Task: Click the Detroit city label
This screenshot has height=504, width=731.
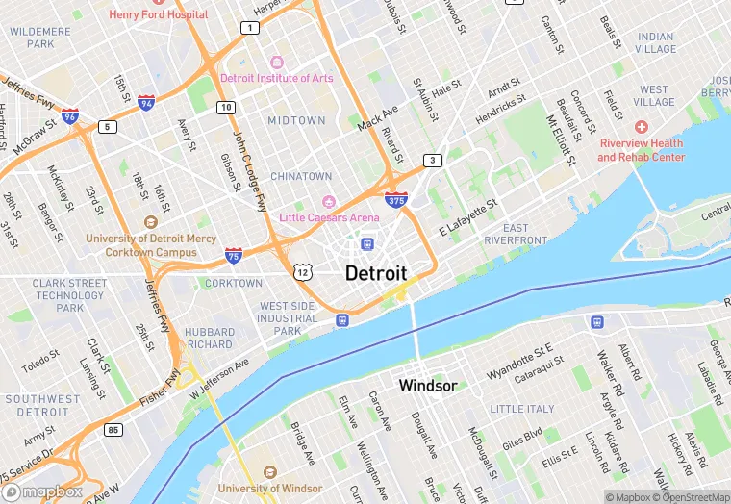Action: click(x=376, y=273)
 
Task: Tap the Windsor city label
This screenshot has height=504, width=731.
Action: click(x=428, y=386)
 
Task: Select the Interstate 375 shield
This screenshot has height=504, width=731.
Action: click(x=395, y=200)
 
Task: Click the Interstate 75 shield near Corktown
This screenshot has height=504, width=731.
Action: click(x=234, y=255)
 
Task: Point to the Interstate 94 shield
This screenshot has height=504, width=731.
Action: click(x=146, y=102)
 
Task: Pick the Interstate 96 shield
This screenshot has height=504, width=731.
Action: click(x=69, y=116)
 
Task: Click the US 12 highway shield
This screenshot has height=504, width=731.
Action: click(x=303, y=273)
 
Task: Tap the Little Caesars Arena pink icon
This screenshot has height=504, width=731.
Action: click(x=329, y=201)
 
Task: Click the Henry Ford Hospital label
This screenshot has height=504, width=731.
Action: click(x=158, y=14)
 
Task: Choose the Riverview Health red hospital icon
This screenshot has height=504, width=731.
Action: click(x=642, y=127)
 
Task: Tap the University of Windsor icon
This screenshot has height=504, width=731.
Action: click(x=269, y=474)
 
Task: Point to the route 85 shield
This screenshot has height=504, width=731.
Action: click(x=113, y=428)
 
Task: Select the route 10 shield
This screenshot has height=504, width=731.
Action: click(x=225, y=107)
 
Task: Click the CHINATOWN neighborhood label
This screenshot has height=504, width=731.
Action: click(x=300, y=177)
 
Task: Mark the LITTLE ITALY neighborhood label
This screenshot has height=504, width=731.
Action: click(x=522, y=409)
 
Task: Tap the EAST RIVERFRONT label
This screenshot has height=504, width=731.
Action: click(x=517, y=233)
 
